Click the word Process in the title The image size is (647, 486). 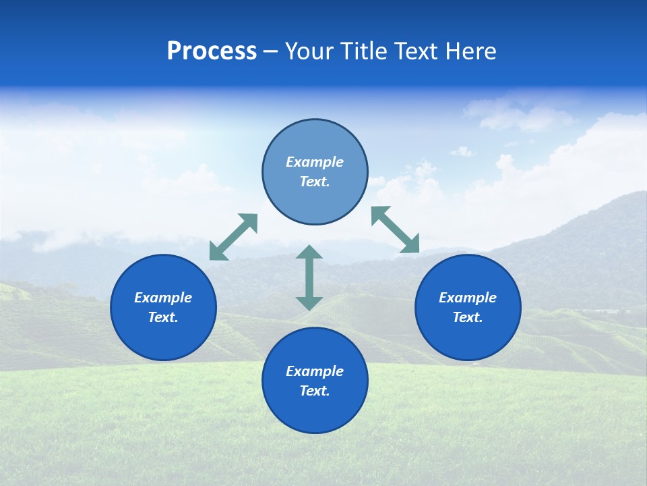(x=212, y=51)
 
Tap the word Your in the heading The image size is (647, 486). (x=309, y=51)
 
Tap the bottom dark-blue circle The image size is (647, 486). (x=315, y=408)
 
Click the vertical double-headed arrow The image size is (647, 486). (x=309, y=277)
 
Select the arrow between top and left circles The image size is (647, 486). (x=234, y=237)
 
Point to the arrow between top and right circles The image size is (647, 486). (x=396, y=230)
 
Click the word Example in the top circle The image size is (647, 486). (x=315, y=162)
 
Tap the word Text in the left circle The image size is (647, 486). (x=163, y=317)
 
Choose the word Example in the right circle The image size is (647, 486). (x=468, y=298)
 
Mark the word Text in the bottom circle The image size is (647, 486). (x=315, y=391)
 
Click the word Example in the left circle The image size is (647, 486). (x=163, y=298)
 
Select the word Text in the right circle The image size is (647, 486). (x=468, y=317)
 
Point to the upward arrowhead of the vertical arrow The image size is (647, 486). (x=309, y=252)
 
